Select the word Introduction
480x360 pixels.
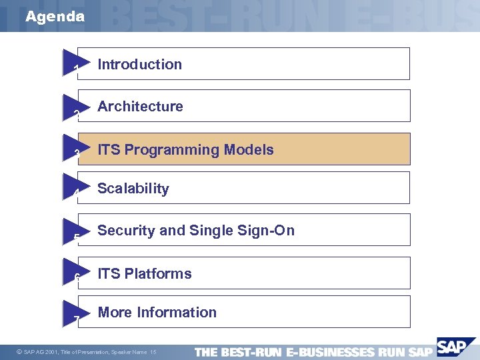point(139,65)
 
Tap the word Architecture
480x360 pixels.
point(140,107)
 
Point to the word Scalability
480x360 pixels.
point(133,189)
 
